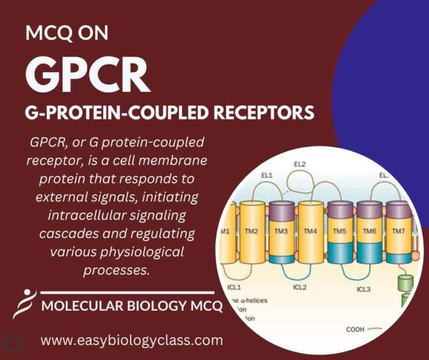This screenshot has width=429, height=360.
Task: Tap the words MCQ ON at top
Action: tap(67, 34)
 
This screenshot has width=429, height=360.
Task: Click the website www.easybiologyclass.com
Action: tap(132, 340)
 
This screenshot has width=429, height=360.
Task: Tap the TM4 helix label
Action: tap(310, 231)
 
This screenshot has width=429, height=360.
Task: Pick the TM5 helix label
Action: tap(340, 231)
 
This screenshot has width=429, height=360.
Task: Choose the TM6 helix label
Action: tap(369, 231)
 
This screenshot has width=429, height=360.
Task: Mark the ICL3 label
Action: tap(363, 289)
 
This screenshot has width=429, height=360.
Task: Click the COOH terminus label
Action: tap(355, 329)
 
